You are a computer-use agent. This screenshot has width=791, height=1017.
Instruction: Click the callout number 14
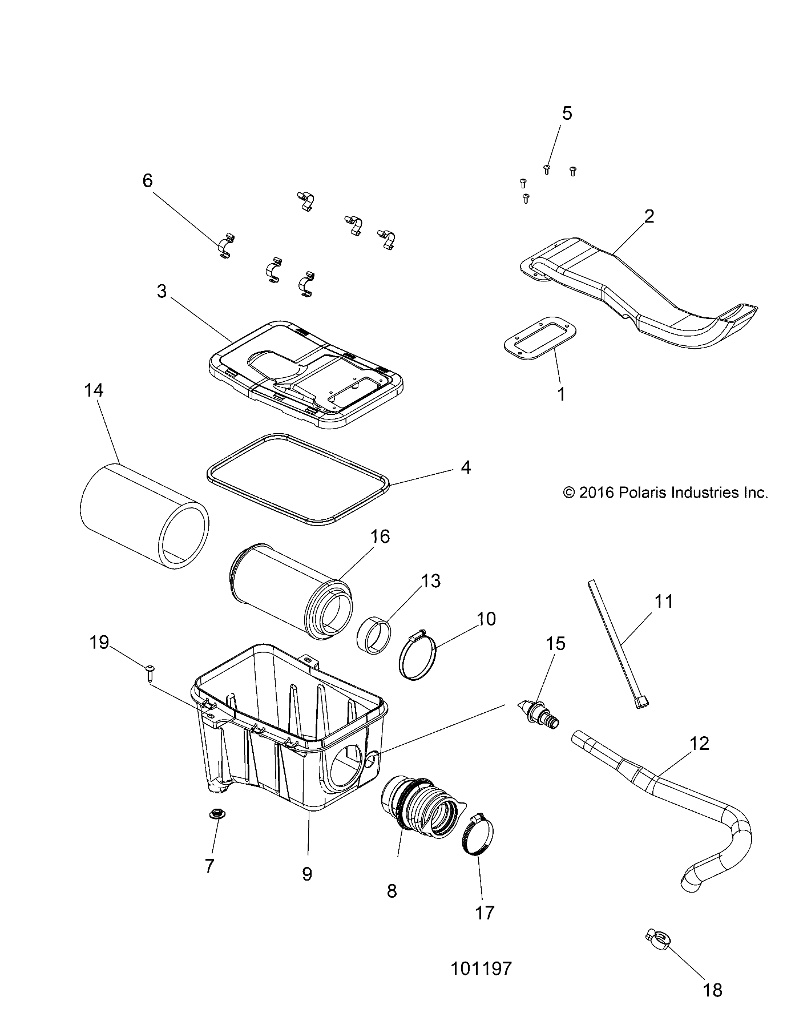pos(94,390)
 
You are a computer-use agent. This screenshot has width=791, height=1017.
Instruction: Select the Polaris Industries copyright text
pos(665,492)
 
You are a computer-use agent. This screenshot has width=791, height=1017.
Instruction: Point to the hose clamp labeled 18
pos(657,936)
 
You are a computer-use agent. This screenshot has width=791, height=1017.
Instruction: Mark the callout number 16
pos(380,536)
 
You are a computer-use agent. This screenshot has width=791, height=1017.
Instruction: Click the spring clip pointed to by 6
pos(225,246)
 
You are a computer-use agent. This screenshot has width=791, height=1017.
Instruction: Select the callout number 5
pos(566,113)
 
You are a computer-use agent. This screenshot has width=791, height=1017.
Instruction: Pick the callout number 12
pos(699,743)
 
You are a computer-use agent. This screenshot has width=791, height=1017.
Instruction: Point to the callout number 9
pos(307,874)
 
